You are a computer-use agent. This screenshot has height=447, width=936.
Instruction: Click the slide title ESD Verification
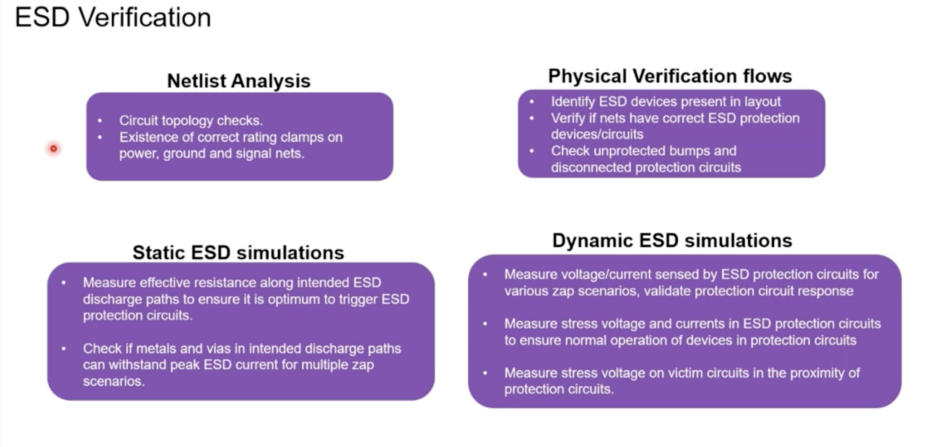tap(113, 18)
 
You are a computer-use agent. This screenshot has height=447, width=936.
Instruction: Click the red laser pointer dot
tap(54, 149)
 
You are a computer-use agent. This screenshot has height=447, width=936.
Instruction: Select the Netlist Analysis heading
tap(238, 81)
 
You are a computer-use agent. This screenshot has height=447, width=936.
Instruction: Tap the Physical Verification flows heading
tap(670, 76)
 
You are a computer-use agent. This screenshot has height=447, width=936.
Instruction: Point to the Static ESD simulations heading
tap(238, 253)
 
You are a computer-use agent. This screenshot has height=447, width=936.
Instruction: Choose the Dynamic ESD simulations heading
tap(672, 240)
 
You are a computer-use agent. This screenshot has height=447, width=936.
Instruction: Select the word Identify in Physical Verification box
tap(573, 102)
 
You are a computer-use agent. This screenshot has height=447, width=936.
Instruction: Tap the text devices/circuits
tap(597, 135)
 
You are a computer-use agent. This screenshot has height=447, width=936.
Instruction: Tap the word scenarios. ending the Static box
tap(114, 382)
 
